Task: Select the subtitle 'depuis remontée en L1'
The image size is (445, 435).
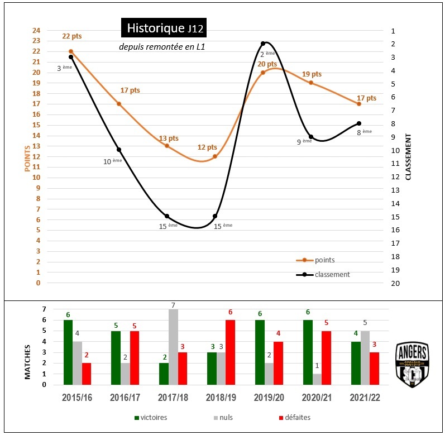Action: (x=162, y=47)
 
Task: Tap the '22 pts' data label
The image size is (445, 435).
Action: (x=71, y=36)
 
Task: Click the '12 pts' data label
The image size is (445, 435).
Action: (x=207, y=147)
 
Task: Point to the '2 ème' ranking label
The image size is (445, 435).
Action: (x=267, y=54)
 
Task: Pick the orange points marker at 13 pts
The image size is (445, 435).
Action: (x=167, y=146)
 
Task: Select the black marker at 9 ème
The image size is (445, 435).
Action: (x=311, y=137)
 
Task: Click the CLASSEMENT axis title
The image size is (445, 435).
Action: (x=408, y=157)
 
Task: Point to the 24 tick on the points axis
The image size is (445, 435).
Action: (x=37, y=30)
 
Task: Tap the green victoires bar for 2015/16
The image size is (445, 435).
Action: (x=68, y=352)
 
